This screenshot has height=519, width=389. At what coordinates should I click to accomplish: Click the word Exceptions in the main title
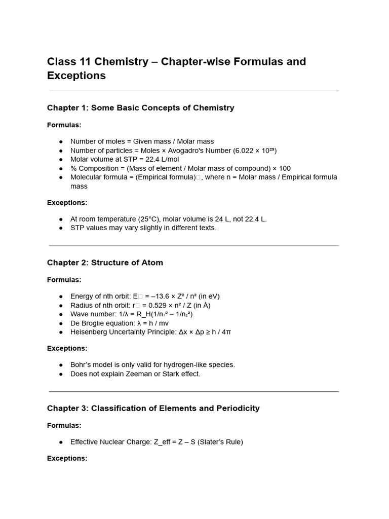[x=76, y=76]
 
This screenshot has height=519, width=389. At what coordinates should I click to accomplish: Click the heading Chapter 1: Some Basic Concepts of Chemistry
[x=140, y=107]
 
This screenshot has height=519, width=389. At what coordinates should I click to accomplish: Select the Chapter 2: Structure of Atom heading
[x=105, y=263]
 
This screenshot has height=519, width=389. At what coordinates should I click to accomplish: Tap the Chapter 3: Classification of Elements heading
[x=153, y=408]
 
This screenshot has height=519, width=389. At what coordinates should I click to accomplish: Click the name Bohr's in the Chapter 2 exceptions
[x=81, y=364]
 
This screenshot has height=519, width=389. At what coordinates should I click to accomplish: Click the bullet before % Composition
[x=61, y=168]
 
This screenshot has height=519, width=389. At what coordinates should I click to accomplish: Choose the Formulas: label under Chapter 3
[x=64, y=425]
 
